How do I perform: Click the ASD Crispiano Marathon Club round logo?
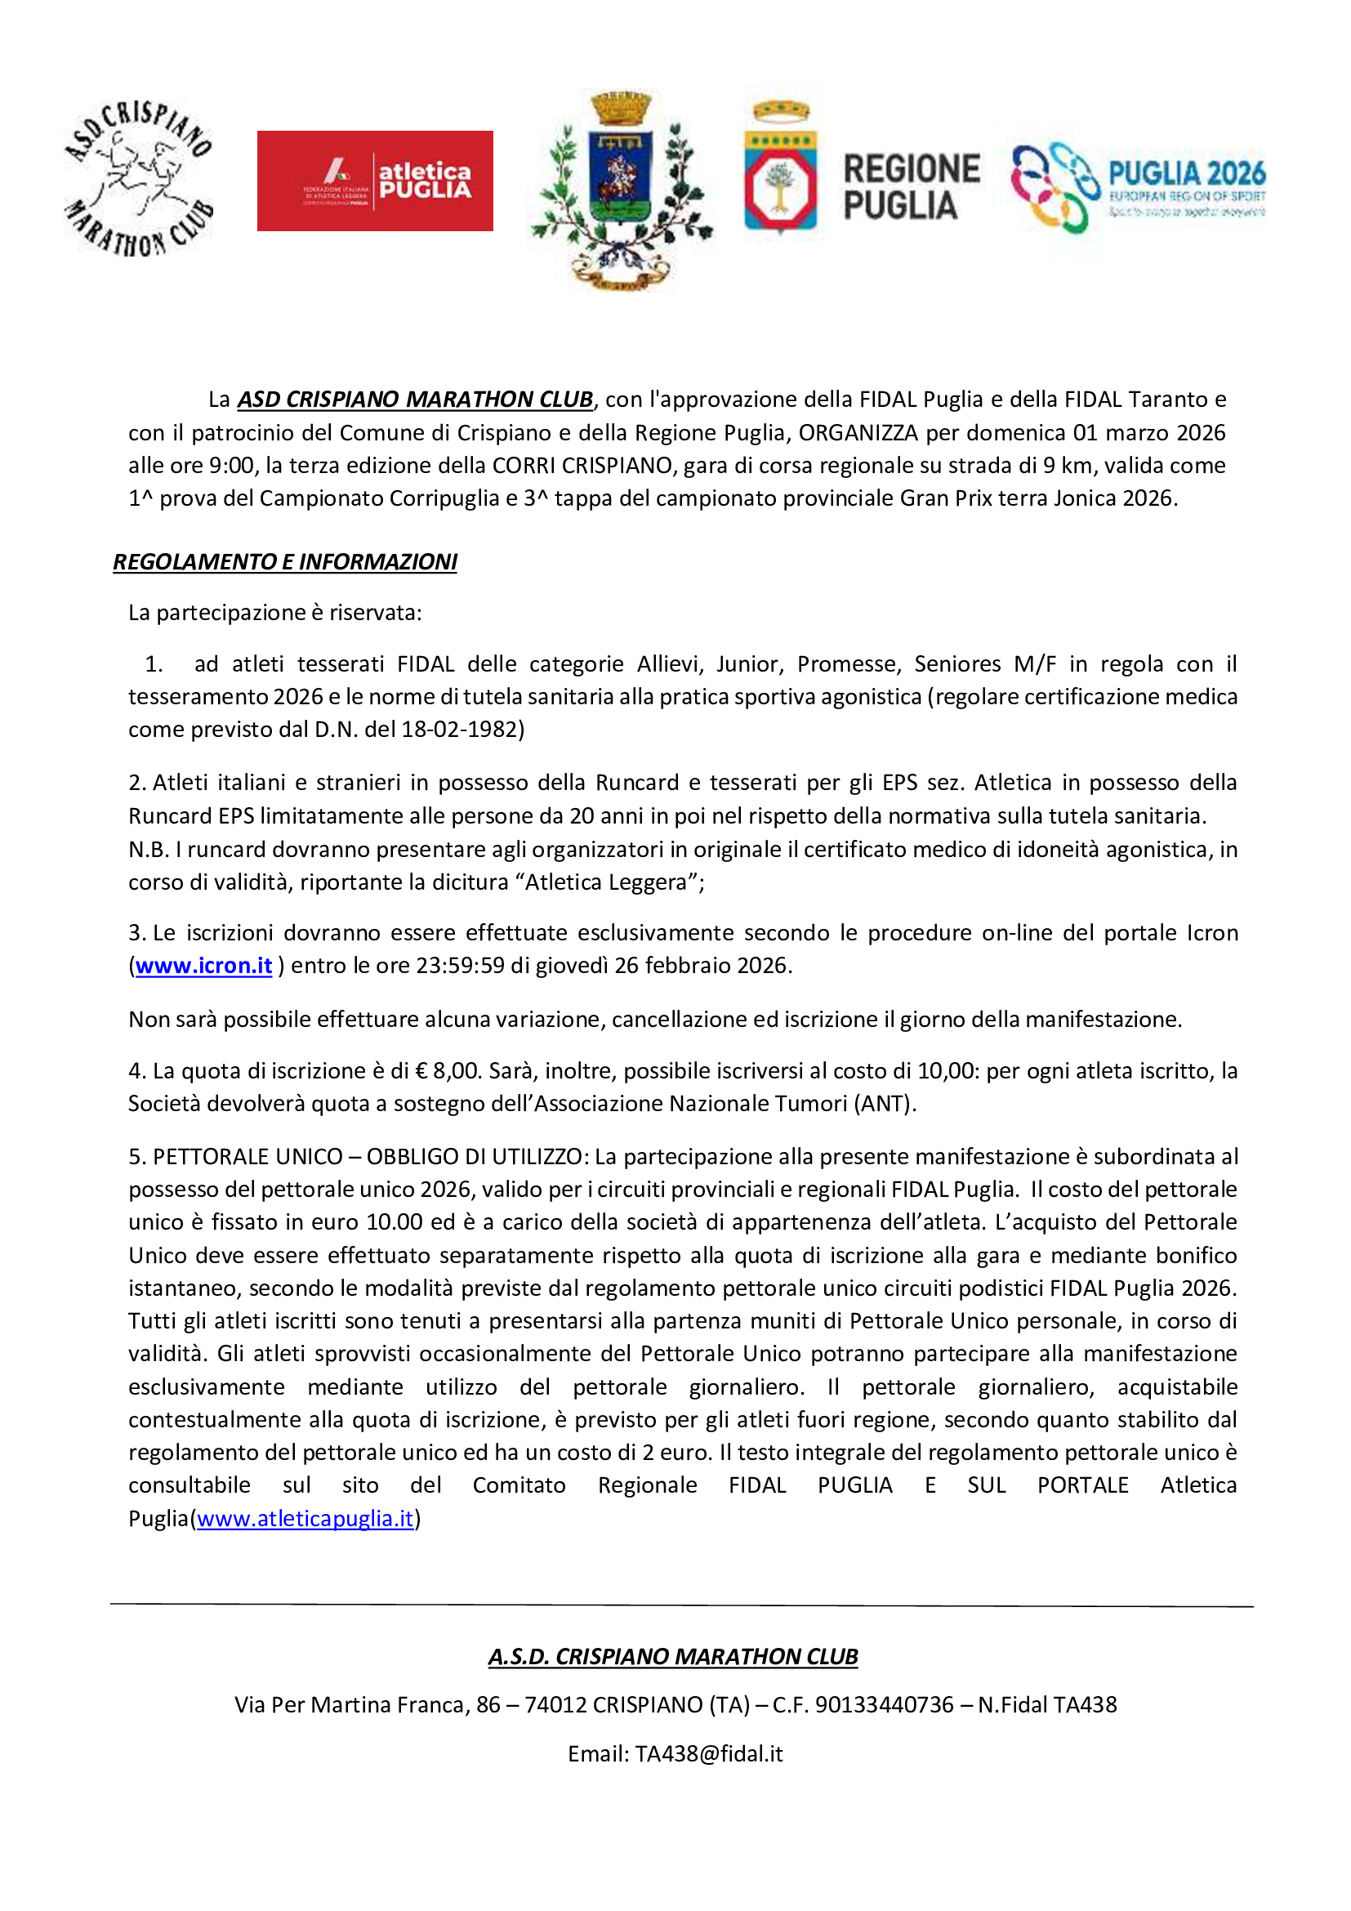138,178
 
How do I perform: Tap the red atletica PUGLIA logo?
374,181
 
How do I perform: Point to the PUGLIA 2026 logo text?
1186,174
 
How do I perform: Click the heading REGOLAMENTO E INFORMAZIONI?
284,562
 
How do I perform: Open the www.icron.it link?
204,966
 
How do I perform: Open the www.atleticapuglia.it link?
305,1518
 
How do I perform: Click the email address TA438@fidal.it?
709,1753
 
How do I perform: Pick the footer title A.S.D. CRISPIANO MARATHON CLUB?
672,1656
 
